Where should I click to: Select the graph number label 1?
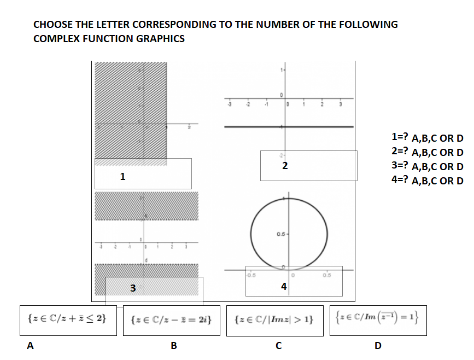pyautogui.click(x=122, y=176)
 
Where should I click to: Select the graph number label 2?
pyautogui.click(x=285, y=165)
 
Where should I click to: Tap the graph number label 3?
pyautogui.click(x=133, y=288)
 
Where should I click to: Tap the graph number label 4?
pyautogui.click(x=283, y=286)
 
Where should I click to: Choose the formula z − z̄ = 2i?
pyautogui.click(x=172, y=318)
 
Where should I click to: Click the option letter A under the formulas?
pyautogui.click(x=31, y=345)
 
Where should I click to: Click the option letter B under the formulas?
pyautogui.click(x=174, y=345)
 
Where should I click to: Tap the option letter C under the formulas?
pyautogui.click(x=278, y=345)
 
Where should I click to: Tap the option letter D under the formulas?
pyautogui.click(x=377, y=345)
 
